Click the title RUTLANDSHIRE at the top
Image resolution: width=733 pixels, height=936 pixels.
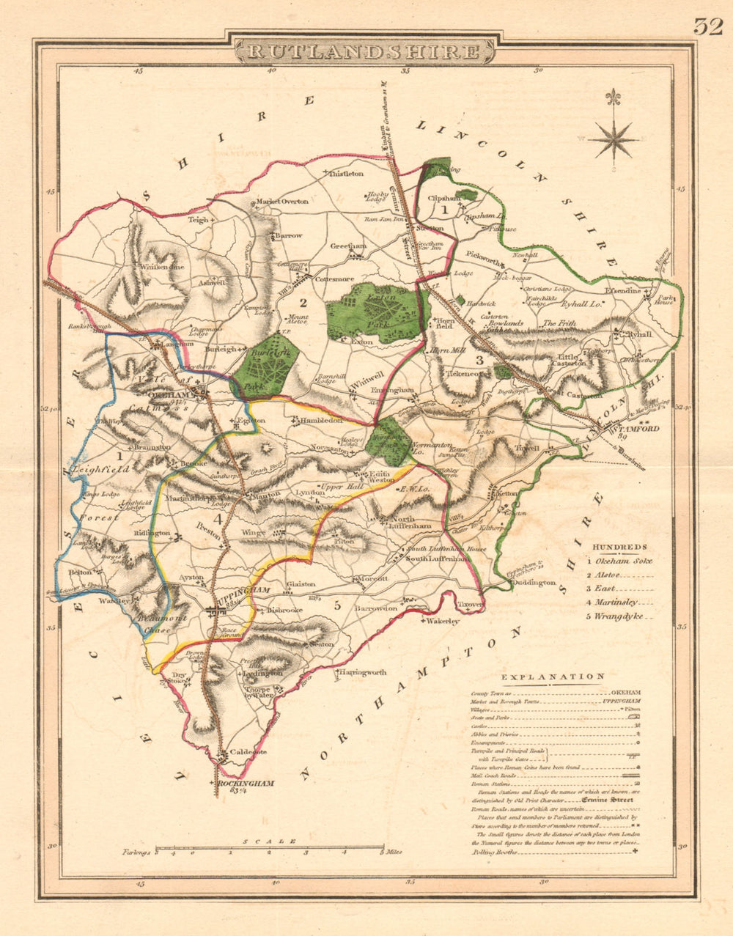click(x=364, y=51)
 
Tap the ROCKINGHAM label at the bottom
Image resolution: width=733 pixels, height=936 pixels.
click(x=246, y=784)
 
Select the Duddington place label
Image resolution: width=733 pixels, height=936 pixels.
click(x=534, y=582)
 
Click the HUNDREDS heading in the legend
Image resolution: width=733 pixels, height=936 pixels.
click(x=619, y=547)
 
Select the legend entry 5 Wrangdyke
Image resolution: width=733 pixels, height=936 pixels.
click(x=615, y=616)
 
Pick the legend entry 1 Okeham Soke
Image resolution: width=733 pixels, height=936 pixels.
click(x=619, y=561)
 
